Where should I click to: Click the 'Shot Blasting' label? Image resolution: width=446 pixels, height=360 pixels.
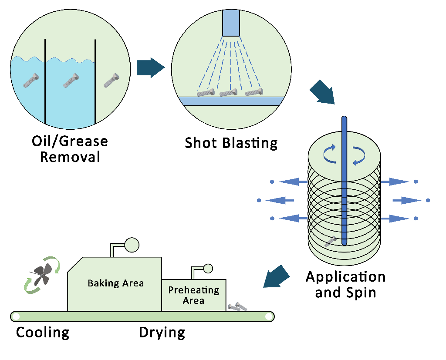tap(231, 143)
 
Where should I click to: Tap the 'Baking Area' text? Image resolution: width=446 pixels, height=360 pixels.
tap(115, 283)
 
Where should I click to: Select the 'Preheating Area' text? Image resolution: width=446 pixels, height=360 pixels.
tap(194, 295)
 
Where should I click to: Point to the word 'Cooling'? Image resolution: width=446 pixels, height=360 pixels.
tap(43, 333)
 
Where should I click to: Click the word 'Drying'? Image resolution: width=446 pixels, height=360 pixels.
tap(162, 333)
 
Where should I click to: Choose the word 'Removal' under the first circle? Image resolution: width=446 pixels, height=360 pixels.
tap(70, 157)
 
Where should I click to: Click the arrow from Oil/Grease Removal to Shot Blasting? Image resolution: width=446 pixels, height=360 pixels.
tap(151, 67)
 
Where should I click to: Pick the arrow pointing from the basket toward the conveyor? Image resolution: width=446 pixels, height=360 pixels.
tap(275, 277)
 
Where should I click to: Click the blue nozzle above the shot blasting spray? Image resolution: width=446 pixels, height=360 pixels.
tap(231, 23)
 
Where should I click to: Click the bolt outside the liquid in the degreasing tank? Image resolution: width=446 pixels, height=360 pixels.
tap(111, 80)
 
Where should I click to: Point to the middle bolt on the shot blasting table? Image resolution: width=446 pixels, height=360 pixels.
tap(228, 92)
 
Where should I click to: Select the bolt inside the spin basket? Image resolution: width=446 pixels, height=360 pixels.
tap(331, 242)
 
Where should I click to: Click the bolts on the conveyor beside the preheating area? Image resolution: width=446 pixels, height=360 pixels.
tap(237, 307)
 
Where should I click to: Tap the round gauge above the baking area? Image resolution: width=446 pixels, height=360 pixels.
tap(132, 245)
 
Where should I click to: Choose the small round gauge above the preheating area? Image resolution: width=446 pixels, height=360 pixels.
tap(208, 269)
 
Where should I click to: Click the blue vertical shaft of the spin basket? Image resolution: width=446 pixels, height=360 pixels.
tap(344, 181)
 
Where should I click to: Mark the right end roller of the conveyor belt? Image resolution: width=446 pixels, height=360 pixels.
tap(268, 316)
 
